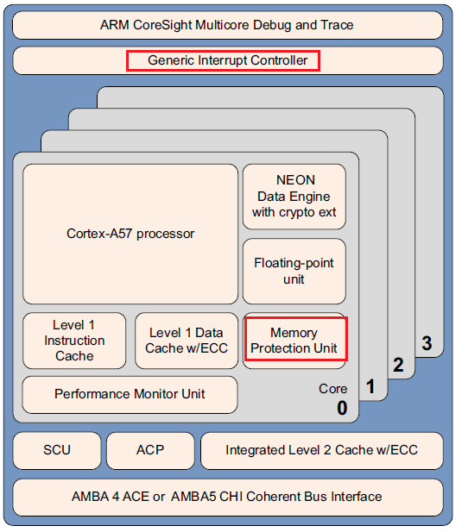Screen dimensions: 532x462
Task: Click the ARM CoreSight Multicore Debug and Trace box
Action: tap(228, 24)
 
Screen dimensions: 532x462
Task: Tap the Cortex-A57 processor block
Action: tap(130, 234)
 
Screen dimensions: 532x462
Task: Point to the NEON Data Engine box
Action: tap(294, 197)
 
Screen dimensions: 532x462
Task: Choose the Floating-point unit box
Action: tap(294, 271)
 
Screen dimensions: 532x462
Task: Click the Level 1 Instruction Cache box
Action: tap(74, 341)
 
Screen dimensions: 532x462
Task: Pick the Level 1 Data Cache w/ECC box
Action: tap(185, 341)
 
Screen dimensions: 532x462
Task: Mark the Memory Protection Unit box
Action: tap(294, 341)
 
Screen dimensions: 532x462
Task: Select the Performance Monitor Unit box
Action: tap(130, 394)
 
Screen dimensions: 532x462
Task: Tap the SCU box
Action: tap(56, 450)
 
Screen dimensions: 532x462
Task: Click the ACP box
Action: tap(149, 450)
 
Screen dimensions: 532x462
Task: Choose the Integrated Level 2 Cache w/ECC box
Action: tap(321, 450)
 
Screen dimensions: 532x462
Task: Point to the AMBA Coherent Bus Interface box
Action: tap(228, 497)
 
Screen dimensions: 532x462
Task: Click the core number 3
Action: tap(427, 343)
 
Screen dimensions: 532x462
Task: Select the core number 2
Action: tap(398, 365)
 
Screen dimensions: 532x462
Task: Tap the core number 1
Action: tap(370, 387)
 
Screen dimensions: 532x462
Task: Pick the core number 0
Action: tap(341, 408)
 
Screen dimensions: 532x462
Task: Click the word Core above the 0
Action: tap(332, 389)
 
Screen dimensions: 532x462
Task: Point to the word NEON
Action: tap(294, 180)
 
